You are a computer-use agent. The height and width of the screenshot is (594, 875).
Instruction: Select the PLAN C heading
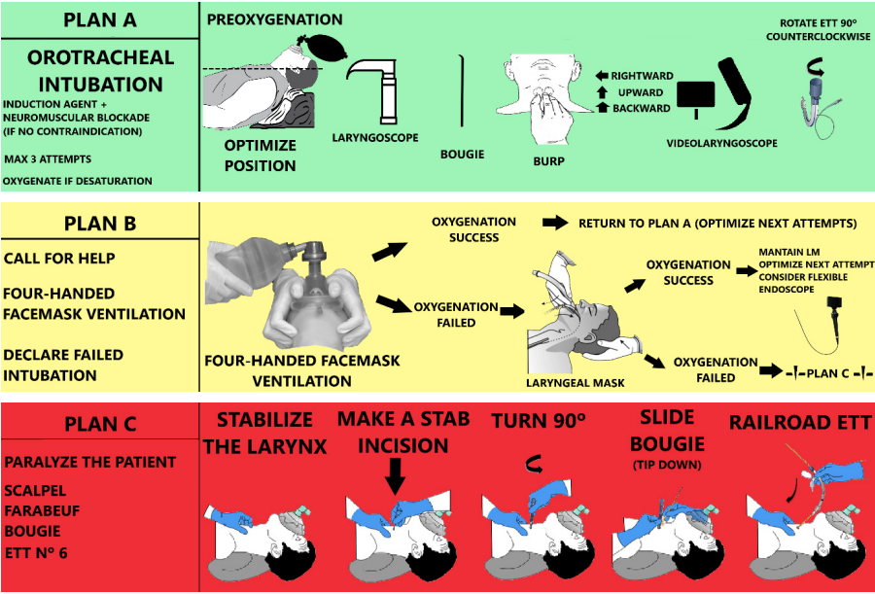[x=99, y=425]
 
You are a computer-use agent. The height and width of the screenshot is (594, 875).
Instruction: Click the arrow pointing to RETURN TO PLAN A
[x=555, y=224]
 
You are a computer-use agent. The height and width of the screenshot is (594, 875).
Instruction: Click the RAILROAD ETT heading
[x=800, y=422]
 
